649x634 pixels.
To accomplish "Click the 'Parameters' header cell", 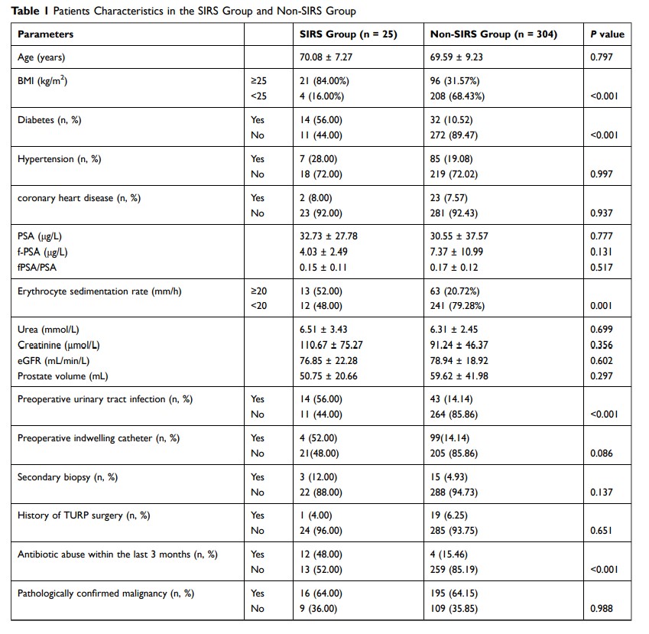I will click(x=46, y=34).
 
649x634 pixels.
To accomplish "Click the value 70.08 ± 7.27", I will click(x=327, y=57).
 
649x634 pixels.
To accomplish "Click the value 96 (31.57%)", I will click(x=457, y=80).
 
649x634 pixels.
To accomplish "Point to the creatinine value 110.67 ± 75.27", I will click(x=333, y=345).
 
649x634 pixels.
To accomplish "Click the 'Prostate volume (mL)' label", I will click(x=64, y=376).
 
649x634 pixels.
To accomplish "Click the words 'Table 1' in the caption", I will click(x=27, y=11).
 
